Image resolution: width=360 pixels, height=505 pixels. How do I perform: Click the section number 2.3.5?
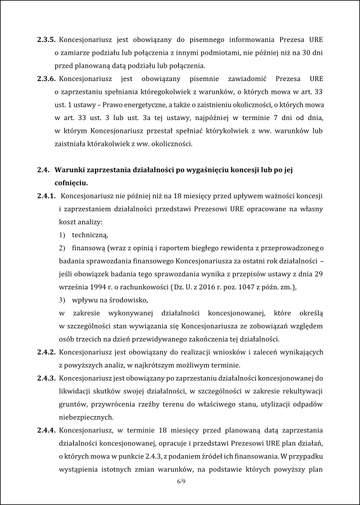(46, 39)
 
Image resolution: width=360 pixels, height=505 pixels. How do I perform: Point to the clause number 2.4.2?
(46, 351)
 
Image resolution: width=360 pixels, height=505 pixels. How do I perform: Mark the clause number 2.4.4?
(46, 431)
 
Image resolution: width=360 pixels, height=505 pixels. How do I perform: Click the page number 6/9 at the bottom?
(179, 482)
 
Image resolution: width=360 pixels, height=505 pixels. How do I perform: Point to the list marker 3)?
(62, 300)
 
